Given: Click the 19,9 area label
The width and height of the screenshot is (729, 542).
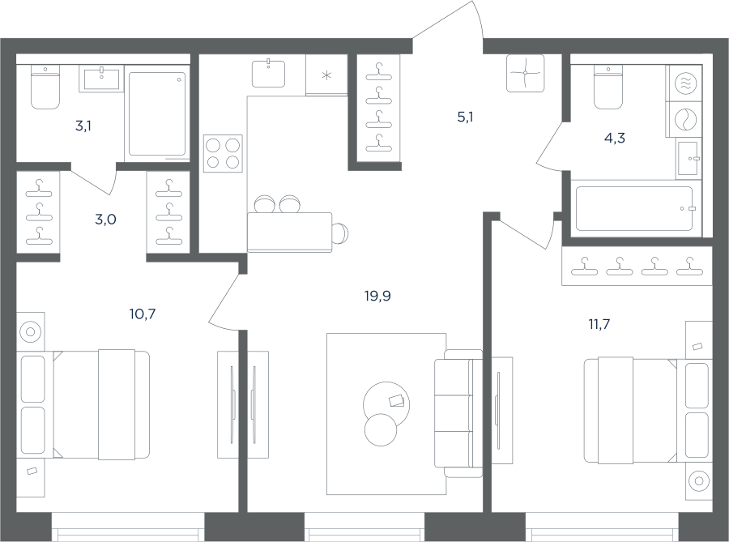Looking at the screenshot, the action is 377,296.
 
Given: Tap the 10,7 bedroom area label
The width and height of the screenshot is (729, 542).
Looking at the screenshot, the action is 143,314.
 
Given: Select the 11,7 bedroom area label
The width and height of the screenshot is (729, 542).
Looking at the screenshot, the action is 599,324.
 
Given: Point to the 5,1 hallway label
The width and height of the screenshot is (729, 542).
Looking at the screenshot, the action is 465,117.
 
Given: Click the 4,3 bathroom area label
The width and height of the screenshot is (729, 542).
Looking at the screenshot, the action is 614,138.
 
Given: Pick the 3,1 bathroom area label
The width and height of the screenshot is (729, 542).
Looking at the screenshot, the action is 83,126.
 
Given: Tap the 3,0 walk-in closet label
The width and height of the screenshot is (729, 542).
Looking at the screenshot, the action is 105,219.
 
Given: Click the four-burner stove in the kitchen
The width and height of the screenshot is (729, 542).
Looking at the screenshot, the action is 223,154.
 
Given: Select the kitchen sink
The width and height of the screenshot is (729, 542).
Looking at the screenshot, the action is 268,74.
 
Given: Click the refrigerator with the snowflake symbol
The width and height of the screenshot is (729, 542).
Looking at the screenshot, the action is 326,75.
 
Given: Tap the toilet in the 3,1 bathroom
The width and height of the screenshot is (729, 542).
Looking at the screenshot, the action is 45,87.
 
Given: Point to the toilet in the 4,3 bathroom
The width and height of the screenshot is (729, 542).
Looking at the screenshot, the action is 608,87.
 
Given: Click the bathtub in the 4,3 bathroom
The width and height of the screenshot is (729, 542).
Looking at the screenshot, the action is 634,209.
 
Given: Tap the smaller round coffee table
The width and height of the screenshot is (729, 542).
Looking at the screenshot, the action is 381,430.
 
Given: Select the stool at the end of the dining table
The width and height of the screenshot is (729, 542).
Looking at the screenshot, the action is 341,233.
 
